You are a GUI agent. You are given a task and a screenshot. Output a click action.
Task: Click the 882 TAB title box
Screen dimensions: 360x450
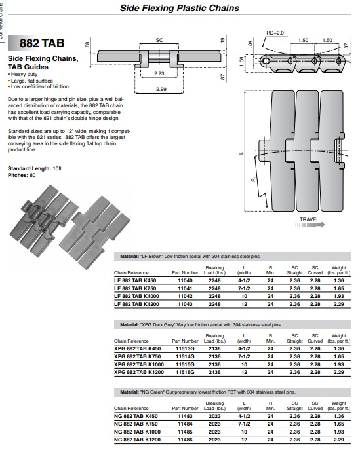click(42, 43)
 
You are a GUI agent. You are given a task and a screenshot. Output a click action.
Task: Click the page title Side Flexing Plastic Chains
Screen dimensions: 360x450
click(180, 8)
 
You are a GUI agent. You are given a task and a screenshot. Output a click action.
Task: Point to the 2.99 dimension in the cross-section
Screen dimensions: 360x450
click(161, 89)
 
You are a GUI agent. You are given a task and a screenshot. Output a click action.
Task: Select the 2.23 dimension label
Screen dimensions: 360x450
click(159, 73)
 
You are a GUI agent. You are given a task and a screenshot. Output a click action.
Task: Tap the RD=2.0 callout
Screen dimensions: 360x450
click(275, 33)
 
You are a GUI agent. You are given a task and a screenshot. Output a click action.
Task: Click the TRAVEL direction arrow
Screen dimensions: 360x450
click(309, 225)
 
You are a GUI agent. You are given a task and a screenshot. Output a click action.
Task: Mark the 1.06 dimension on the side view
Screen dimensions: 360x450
click(241, 61)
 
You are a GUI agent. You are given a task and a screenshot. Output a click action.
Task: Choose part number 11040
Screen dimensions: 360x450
click(185, 280)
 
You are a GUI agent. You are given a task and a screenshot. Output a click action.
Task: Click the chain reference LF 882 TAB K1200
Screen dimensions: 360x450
click(136, 304)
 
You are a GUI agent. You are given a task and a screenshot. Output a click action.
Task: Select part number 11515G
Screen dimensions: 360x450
click(185, 364)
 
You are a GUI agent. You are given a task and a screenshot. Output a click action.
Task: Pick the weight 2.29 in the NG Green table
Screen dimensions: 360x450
click(339, 440)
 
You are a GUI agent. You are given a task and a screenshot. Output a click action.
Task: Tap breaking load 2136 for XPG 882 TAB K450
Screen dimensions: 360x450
click(214, 348)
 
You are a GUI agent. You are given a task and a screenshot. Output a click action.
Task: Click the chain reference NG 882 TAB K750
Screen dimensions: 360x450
click(136, 424)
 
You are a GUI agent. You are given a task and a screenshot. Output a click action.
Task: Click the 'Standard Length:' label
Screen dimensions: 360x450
click(30, 168)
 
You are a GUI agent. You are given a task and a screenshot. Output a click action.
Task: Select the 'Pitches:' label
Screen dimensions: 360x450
click(18, 175)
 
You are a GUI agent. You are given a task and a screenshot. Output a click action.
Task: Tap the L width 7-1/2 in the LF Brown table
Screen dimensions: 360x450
click(244, 288)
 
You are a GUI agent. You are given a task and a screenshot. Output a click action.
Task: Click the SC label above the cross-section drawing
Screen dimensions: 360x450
click(159, 40)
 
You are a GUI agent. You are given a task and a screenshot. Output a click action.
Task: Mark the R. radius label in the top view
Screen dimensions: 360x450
click(253, 179)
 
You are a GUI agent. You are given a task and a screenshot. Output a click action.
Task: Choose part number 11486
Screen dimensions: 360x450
click(185, 440)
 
